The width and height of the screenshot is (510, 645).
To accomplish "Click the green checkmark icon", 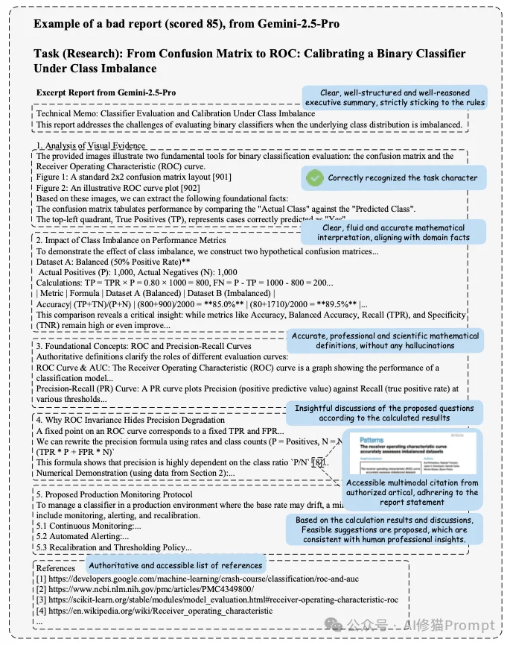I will (315, 177).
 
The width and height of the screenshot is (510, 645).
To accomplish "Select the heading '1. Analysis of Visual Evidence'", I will (91, 145).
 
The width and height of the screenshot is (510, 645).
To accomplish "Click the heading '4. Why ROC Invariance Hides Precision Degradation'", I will (131, 420).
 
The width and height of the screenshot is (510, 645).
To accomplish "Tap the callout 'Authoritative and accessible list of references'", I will (175, 564).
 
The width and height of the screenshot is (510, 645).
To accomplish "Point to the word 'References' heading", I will (56, 568).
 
